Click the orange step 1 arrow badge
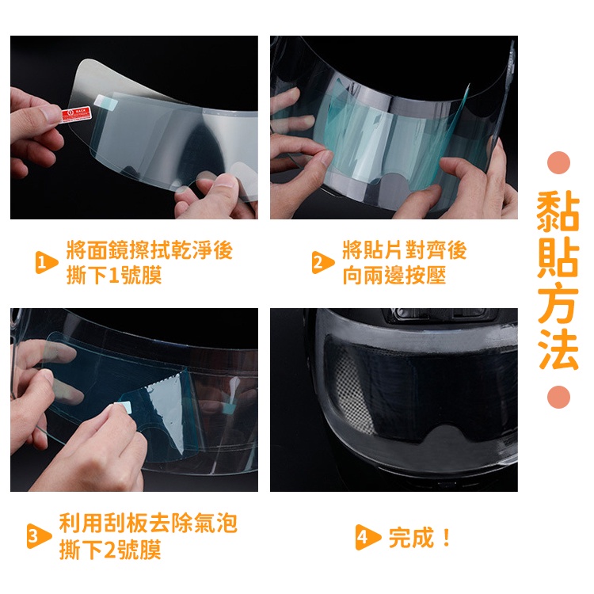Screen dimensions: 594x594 pos(46,262)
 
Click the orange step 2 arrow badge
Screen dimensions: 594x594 pos(323,262)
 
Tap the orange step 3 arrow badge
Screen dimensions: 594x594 pos(39,536)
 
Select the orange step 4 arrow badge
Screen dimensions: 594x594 pos(367,537)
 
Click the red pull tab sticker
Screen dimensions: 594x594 pos(77,114)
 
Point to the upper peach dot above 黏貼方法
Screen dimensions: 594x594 pos(559,162)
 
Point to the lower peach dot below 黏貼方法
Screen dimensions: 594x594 pos(559,397)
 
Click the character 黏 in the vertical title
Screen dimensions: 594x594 pos(558,210)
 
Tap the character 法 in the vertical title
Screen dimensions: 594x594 pos(558,349)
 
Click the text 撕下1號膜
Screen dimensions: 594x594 pos(114,275)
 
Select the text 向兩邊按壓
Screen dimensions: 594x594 pos(394,275)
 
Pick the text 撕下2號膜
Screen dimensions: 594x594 pos(110,550)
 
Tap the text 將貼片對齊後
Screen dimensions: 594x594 pos(404,250)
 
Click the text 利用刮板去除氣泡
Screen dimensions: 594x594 pos(148,524)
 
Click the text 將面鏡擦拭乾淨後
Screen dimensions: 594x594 pos(149,250)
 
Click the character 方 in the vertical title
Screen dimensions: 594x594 pos(558,303)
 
